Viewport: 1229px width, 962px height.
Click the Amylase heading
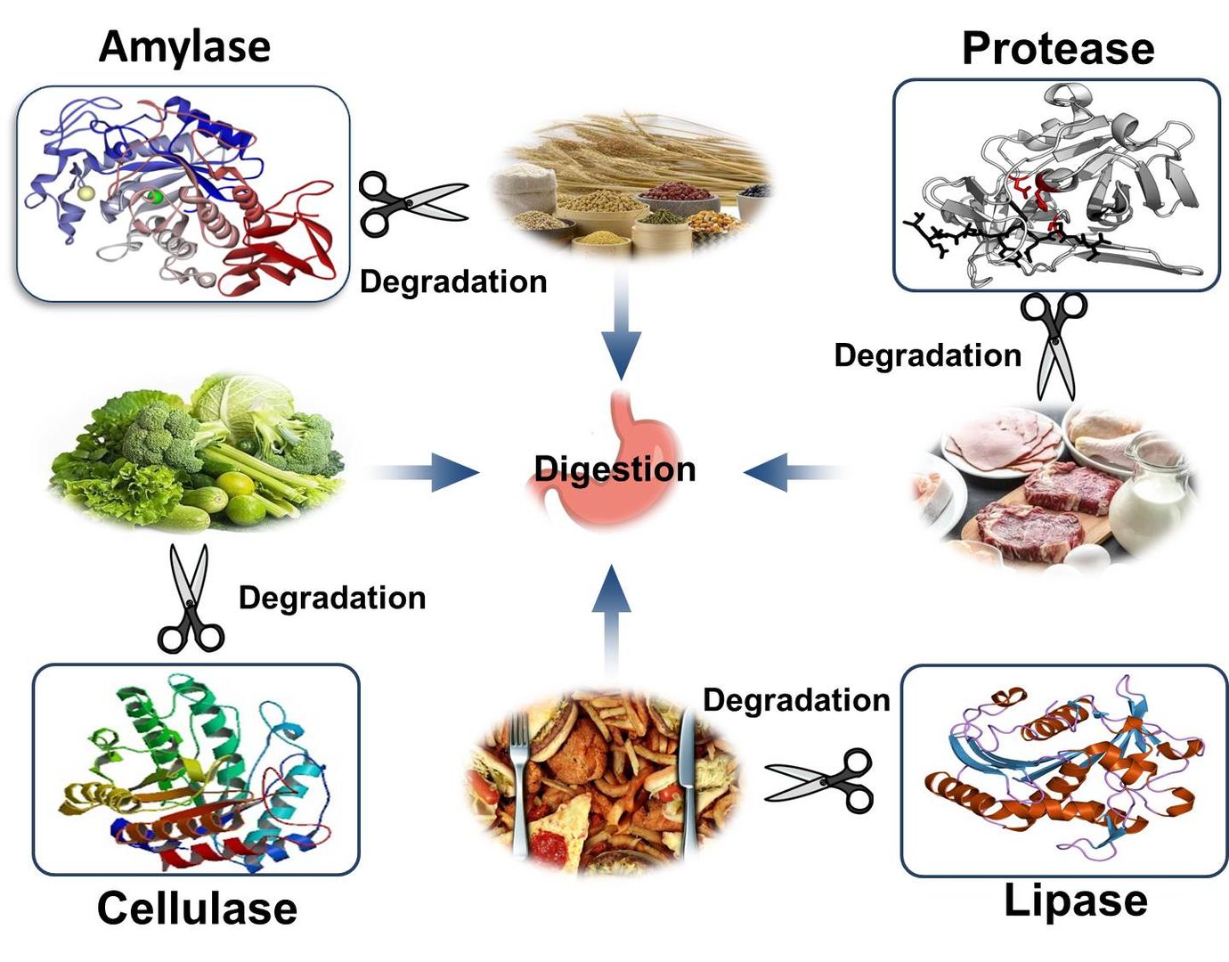pos(184,46)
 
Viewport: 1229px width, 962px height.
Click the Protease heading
pos(1058,48)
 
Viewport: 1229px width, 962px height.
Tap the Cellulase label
pos(197,909)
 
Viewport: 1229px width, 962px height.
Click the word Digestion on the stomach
pos(614,469)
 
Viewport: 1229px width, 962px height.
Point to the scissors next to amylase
pos(411,203)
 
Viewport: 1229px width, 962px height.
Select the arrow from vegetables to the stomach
pos(427,471)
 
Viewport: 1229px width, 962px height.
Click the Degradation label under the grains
pos(453,281)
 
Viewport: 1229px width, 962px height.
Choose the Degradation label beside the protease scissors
pos(927,355)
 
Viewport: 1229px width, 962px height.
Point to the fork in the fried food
pos(519,775)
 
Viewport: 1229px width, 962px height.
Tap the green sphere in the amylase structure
pos(155,196)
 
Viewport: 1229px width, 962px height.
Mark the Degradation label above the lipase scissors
pos(796,700)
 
